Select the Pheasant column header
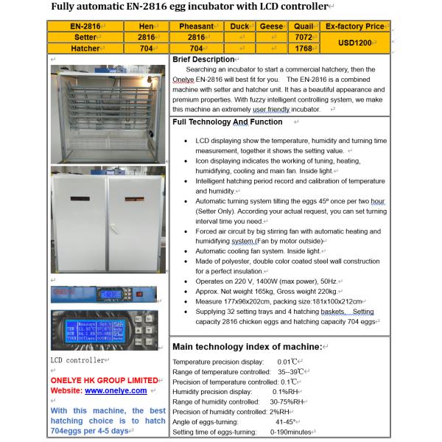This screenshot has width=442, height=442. [196, 26]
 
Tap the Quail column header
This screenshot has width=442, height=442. [304, 26]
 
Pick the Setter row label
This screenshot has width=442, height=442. [85, 37]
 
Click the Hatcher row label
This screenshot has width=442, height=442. [85, 48]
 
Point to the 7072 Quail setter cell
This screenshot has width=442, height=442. [303, 37]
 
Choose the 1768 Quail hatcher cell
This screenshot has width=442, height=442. [303, 48]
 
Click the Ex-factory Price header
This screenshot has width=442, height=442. [354, 26]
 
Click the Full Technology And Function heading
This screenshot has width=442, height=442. [227, 122]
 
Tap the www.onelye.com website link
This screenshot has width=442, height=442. [116, 390]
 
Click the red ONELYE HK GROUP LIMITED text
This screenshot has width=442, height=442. [104, 380]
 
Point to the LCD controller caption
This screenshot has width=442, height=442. [77, 360]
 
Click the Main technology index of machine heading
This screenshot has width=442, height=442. [247, 346]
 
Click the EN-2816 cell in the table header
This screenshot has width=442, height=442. [85, 26]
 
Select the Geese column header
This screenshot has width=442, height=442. [272, 26]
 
